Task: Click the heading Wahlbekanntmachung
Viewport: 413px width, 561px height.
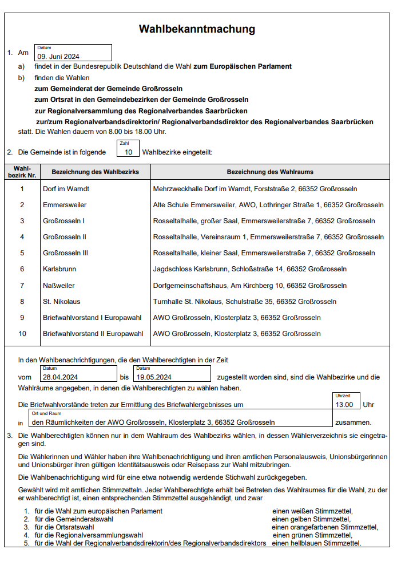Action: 197,29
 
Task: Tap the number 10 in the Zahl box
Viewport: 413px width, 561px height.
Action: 129,152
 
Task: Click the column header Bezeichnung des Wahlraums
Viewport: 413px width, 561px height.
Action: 270,172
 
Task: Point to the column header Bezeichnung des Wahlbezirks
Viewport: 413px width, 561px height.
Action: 95,172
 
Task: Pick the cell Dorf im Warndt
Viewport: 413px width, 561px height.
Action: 66,188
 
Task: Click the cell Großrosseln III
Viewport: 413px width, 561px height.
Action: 65,252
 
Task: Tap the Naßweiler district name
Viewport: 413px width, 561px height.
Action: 58,285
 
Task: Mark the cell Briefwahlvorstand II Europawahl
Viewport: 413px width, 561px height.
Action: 93,333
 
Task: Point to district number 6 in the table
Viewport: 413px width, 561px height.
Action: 22,268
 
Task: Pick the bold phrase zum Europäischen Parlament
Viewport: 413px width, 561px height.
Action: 243,66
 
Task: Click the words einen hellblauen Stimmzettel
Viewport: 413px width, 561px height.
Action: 316,543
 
